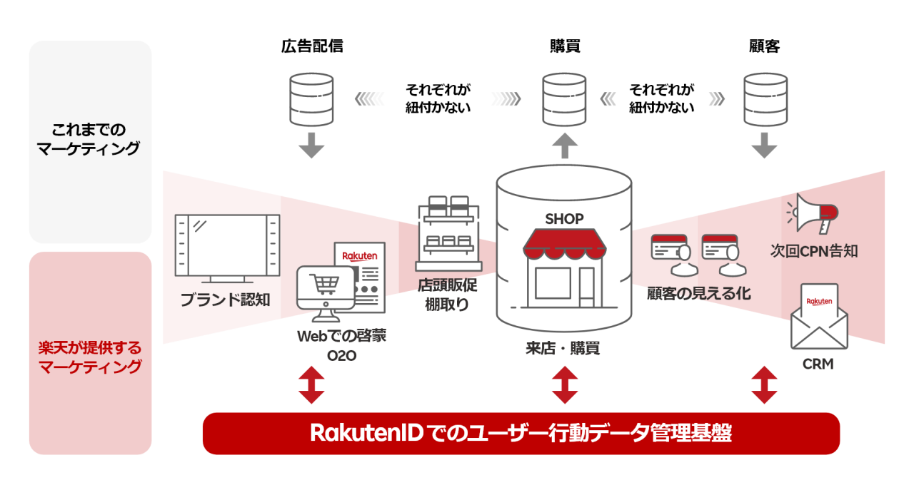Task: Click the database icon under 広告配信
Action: pyautogui.click(x=311, y=98)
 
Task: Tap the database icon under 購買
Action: pyautogui.click(x=564, y=98)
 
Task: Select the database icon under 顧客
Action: pyautogui.click(x=765, y=98)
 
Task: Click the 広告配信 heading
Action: pyautogui.click(x=311, y=47)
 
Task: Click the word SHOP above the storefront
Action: pyautogui.click(x=564, y=219)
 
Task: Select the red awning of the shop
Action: pyautogui.click(x=564, y=245)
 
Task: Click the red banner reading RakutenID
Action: pyautogui.click(x=521, y=433)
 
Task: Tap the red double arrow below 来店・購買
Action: pyautogui.click(x=565, y=385)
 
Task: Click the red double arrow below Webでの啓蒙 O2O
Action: pyautogui.click(x=311, y=385)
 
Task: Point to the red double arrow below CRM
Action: pyautogui.click(x=765, y=385)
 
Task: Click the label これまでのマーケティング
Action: pyautogui.click(x=90, y=139)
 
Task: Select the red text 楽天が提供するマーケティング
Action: pyautogui.click(x=90, y=358)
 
